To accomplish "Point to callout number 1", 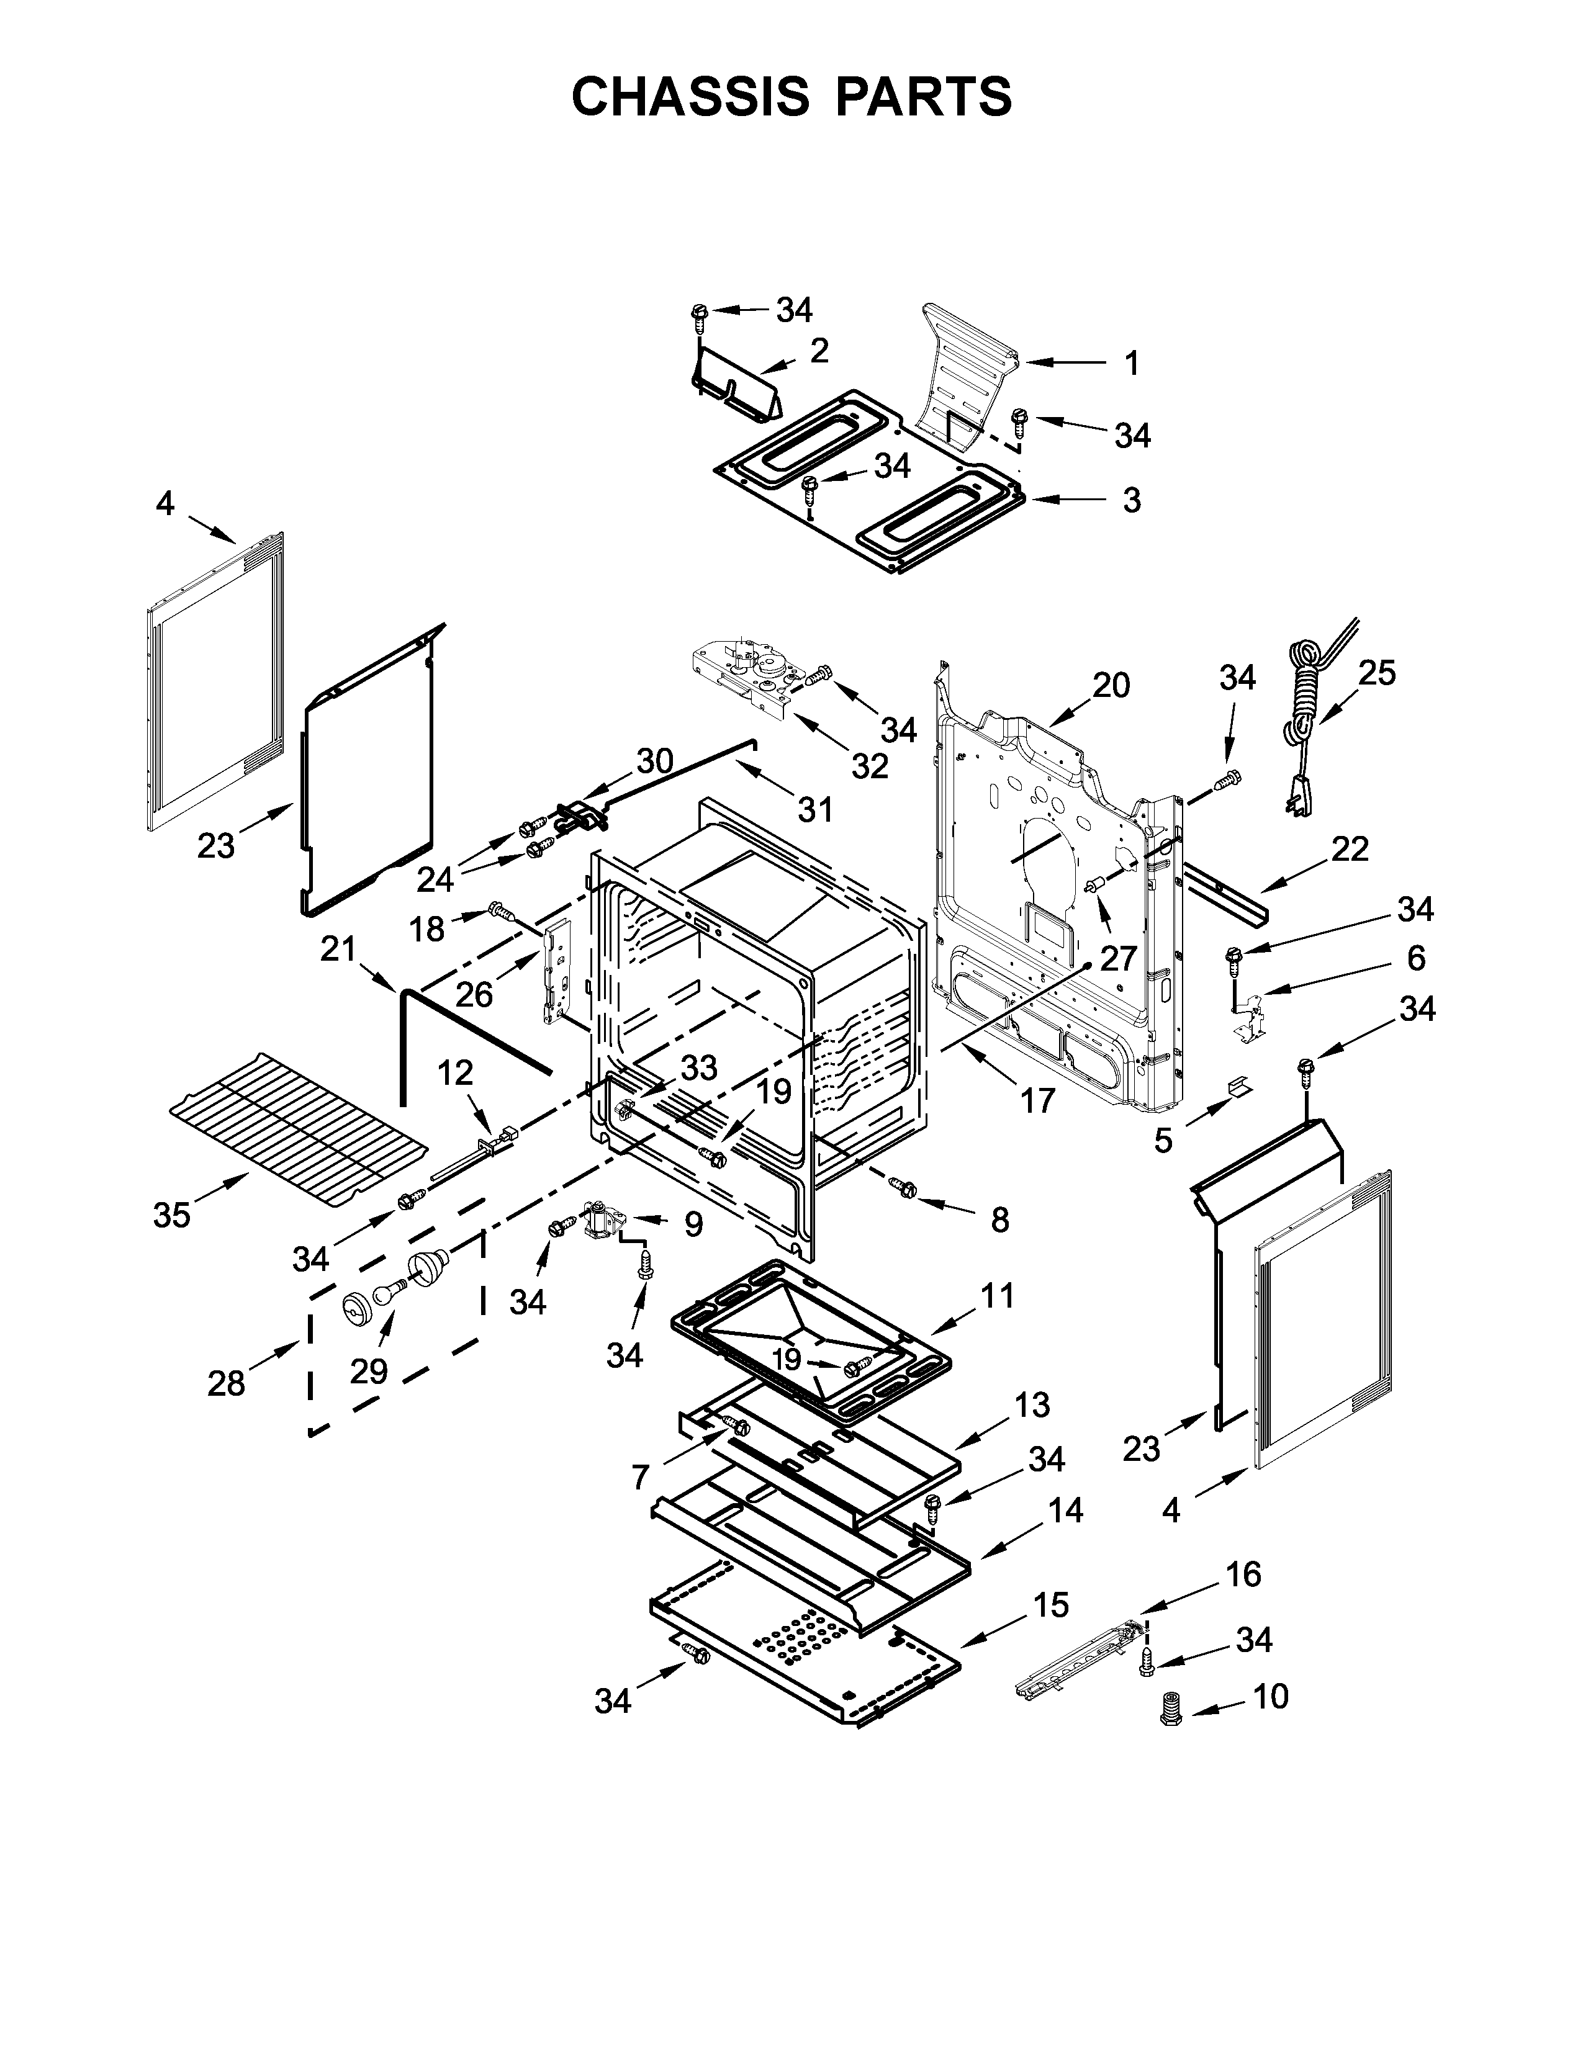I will pyautogui.click(x=1132, y=363).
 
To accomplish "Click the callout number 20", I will pyautogui.click(x=1111, y=686).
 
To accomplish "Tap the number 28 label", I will pyautogui.click(x=226, y=1383).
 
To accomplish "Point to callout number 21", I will pyautogui.click(x=338, y=950).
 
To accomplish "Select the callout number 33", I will pyautogui.click(x=698, y=1067).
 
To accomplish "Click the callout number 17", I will pyautogui.click(x=1037, y=1100).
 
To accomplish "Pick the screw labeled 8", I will pyautogui.click(x=906, y=1188).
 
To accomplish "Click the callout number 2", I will pyautogui.click(x=819, y=351).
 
